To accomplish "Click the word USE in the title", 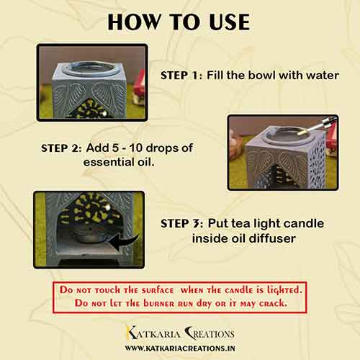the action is [229, 22].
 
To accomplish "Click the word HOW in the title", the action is [135, 22].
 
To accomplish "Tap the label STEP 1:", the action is [181, 76].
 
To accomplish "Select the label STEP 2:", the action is [61, 148].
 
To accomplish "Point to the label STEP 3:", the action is [182, 224].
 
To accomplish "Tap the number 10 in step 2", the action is [136, 148].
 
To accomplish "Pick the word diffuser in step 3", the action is [272, 238].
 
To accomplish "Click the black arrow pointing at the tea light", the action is [125, 242].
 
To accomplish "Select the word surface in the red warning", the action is [158, 290].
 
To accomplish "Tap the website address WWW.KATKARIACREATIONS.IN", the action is [180, 348].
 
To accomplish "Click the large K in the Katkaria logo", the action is [132, 333].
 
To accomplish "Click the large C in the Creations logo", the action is [190, 333].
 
